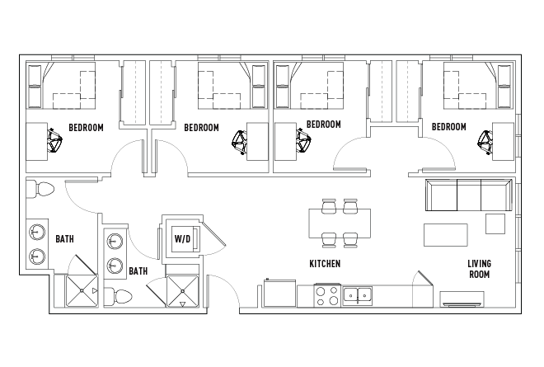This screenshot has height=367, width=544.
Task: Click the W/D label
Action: (182, 240)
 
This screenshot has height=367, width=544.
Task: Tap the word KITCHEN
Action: (325, 265)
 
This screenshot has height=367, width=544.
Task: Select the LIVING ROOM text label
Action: (479, 270)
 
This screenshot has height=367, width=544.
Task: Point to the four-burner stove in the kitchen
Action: (326, 295)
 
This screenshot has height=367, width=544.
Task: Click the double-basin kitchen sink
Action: (358, 294)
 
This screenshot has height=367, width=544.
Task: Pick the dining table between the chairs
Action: (339, 222)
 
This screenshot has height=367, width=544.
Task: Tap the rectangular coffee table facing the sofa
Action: (445, 235)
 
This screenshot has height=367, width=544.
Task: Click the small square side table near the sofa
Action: (495, 223)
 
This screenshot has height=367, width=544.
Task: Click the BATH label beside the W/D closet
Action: (138, 271)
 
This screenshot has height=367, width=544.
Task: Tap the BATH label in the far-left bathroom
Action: (64, 239)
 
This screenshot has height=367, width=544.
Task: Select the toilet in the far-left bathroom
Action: (39, 190)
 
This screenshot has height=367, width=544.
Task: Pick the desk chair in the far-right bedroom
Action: (485, 142)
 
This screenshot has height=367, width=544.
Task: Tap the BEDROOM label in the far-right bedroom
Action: (449, 127)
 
